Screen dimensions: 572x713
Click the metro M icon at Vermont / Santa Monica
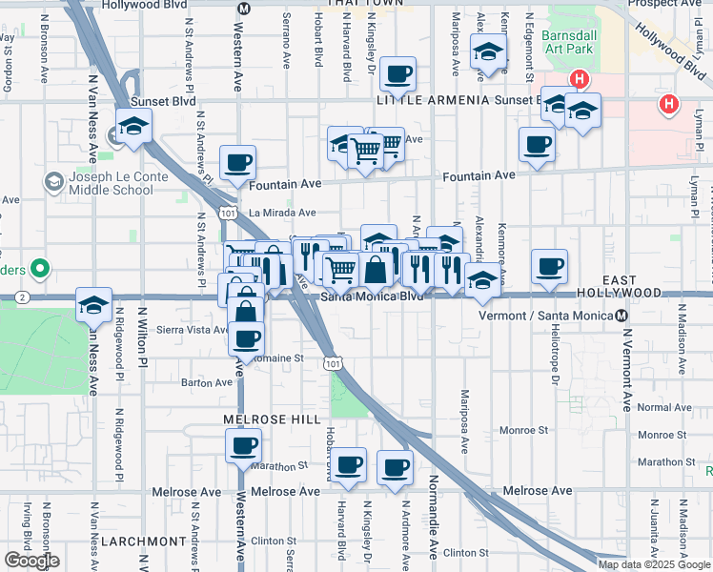(x=621, y=315)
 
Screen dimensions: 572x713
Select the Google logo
(x=31, y=561)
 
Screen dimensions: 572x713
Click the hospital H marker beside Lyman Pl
(x=669, y=104)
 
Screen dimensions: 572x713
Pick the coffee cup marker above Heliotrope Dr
(x=548, y=267)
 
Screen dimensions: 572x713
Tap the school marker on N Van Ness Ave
(x=93, y=305)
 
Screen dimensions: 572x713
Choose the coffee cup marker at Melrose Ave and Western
(x=243, y=445)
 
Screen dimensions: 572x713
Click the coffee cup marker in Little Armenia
(x=397, y=73)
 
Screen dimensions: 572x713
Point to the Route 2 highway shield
(x=20, y=298)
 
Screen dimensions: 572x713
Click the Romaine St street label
(x=283, y=358)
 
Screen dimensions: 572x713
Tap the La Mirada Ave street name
(x=282, y=213)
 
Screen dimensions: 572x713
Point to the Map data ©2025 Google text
(x=654, y=564)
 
